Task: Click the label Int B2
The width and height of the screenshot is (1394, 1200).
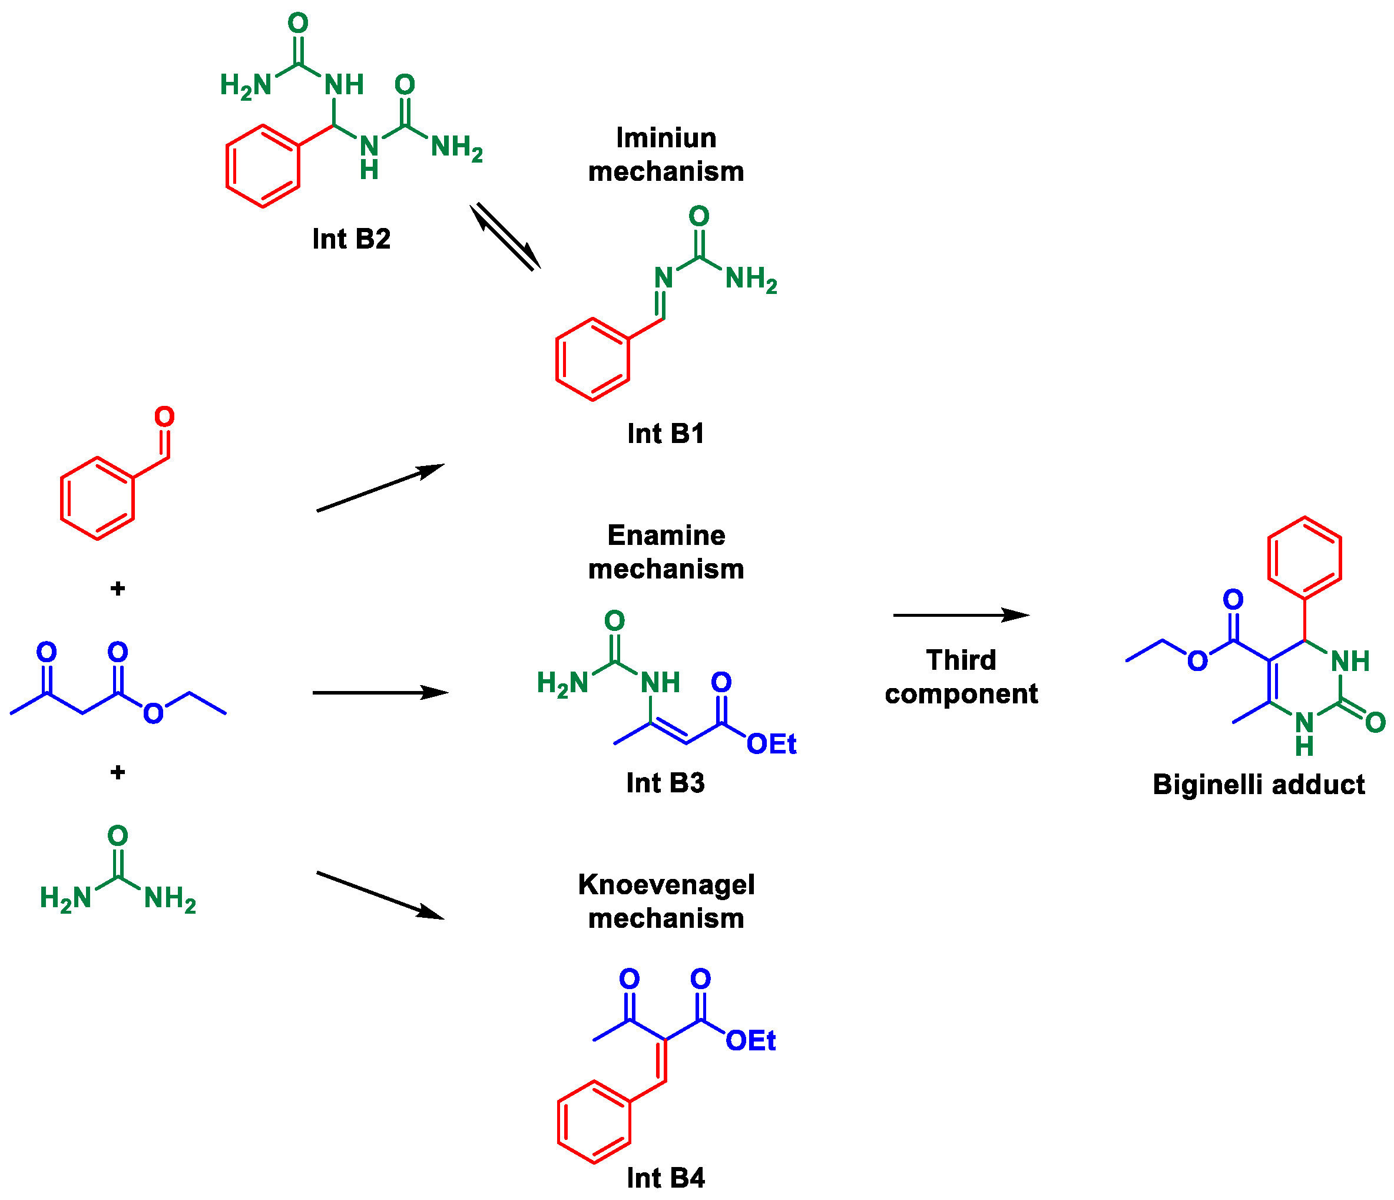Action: pyautogui.click(x=351, y=239)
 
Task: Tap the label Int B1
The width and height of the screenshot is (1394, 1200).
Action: pyautogui.click(x=665, y=434)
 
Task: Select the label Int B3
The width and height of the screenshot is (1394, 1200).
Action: pyautogui.click(x=665, y=783)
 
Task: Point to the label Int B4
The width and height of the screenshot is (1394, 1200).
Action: pyautogui.click(x=665, y=1178)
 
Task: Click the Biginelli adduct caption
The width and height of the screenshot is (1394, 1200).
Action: pyautogui.click(x=1258, y=785)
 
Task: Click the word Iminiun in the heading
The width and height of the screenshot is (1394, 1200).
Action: pyautogui.click(x=666, y=138)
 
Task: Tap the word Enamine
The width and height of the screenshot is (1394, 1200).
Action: pyautogui.click(x=666, y=535)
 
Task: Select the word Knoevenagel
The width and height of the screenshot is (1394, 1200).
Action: pyautogui.click(x=666, y=885)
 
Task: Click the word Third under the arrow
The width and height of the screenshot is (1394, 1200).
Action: pyautogui.click(x=961, y=660)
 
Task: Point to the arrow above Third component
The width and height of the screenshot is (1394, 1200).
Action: pyautogui.click(x=961, y=615)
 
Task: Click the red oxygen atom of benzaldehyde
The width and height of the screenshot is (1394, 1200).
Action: pyautogui.click(x=164, y=416)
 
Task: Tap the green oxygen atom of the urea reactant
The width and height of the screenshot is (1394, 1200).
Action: pyautogui.click(x=118, y=836)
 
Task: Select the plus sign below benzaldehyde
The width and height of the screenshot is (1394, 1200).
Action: pyautogui.click(x=118, y=589)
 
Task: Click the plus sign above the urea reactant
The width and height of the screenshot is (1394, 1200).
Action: pyautogui.click(x=118, y=772)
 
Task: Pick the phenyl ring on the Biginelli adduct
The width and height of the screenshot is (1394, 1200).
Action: pyautogui.click(x=1304, y=558)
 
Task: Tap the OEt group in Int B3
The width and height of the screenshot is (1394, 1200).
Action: pyautogui.click(x=771, y=745)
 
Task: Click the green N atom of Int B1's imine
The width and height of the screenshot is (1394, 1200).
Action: pyautogui.click(x=663, y=278)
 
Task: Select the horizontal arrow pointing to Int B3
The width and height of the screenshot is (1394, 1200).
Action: pyautogui.click(x=380, y=693)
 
